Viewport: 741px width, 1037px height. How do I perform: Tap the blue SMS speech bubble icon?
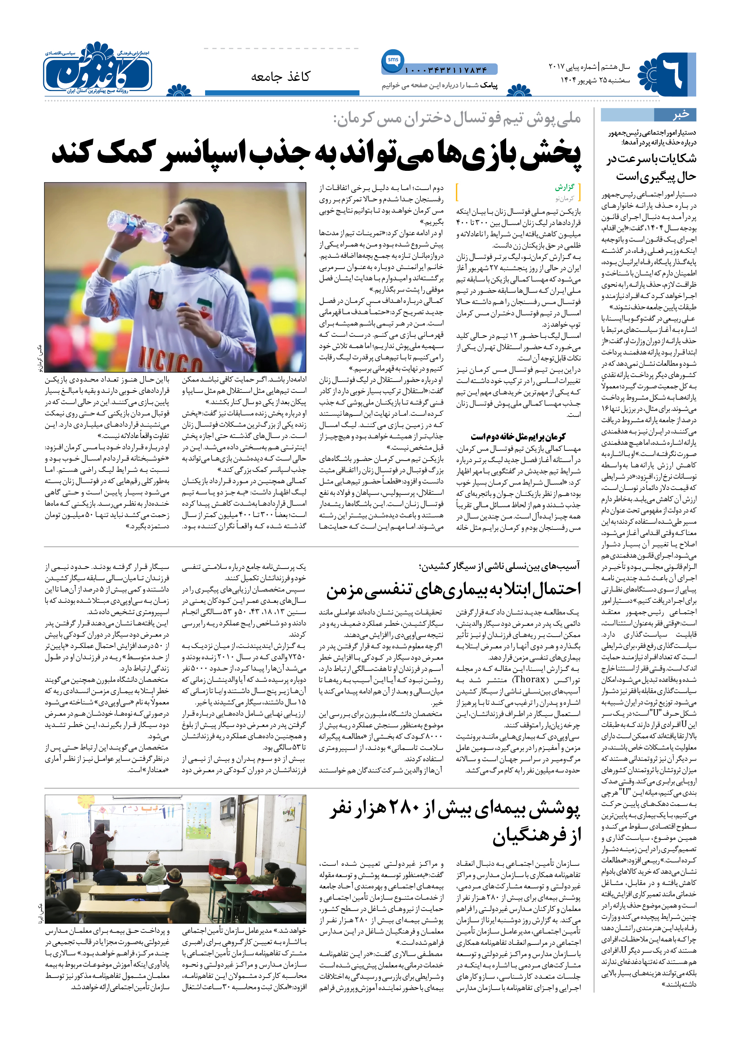tap(393, 61)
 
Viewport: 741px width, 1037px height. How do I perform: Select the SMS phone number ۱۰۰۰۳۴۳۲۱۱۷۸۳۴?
tap(446, 70)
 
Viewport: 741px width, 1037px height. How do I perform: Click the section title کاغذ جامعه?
tap(280, 76)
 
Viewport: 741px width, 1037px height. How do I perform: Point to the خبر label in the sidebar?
tap(680, 114)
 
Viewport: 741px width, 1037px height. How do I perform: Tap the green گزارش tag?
tap(564, 187)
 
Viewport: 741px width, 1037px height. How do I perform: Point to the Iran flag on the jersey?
tap(204, 305)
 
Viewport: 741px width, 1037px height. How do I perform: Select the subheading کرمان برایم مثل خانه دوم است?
tap(518, 436)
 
